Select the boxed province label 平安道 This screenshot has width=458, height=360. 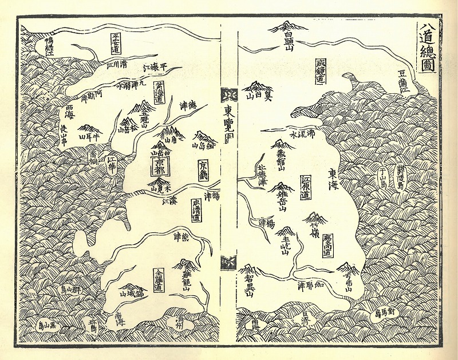117,43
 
